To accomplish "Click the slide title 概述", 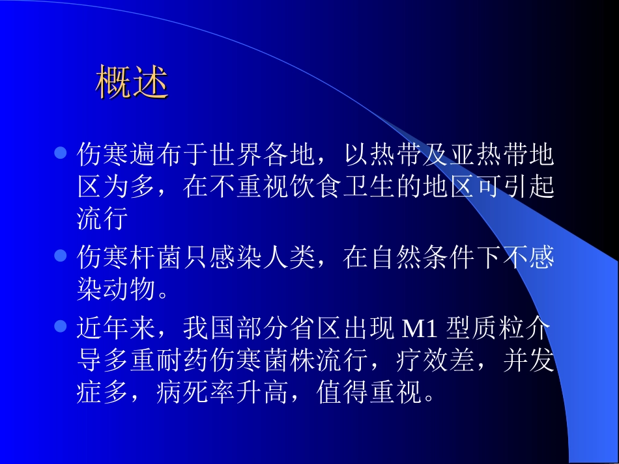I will pyautogui.click(x=132, y=82).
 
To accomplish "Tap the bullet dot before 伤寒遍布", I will pyautogui.click(x=60, y=154).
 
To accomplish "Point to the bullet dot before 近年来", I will pyautogui.click(x=60, y=325).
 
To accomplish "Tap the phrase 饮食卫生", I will pyautogui.click(x=369, y=188).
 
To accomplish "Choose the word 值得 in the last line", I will pyautogui.click(x=343, y=392).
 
